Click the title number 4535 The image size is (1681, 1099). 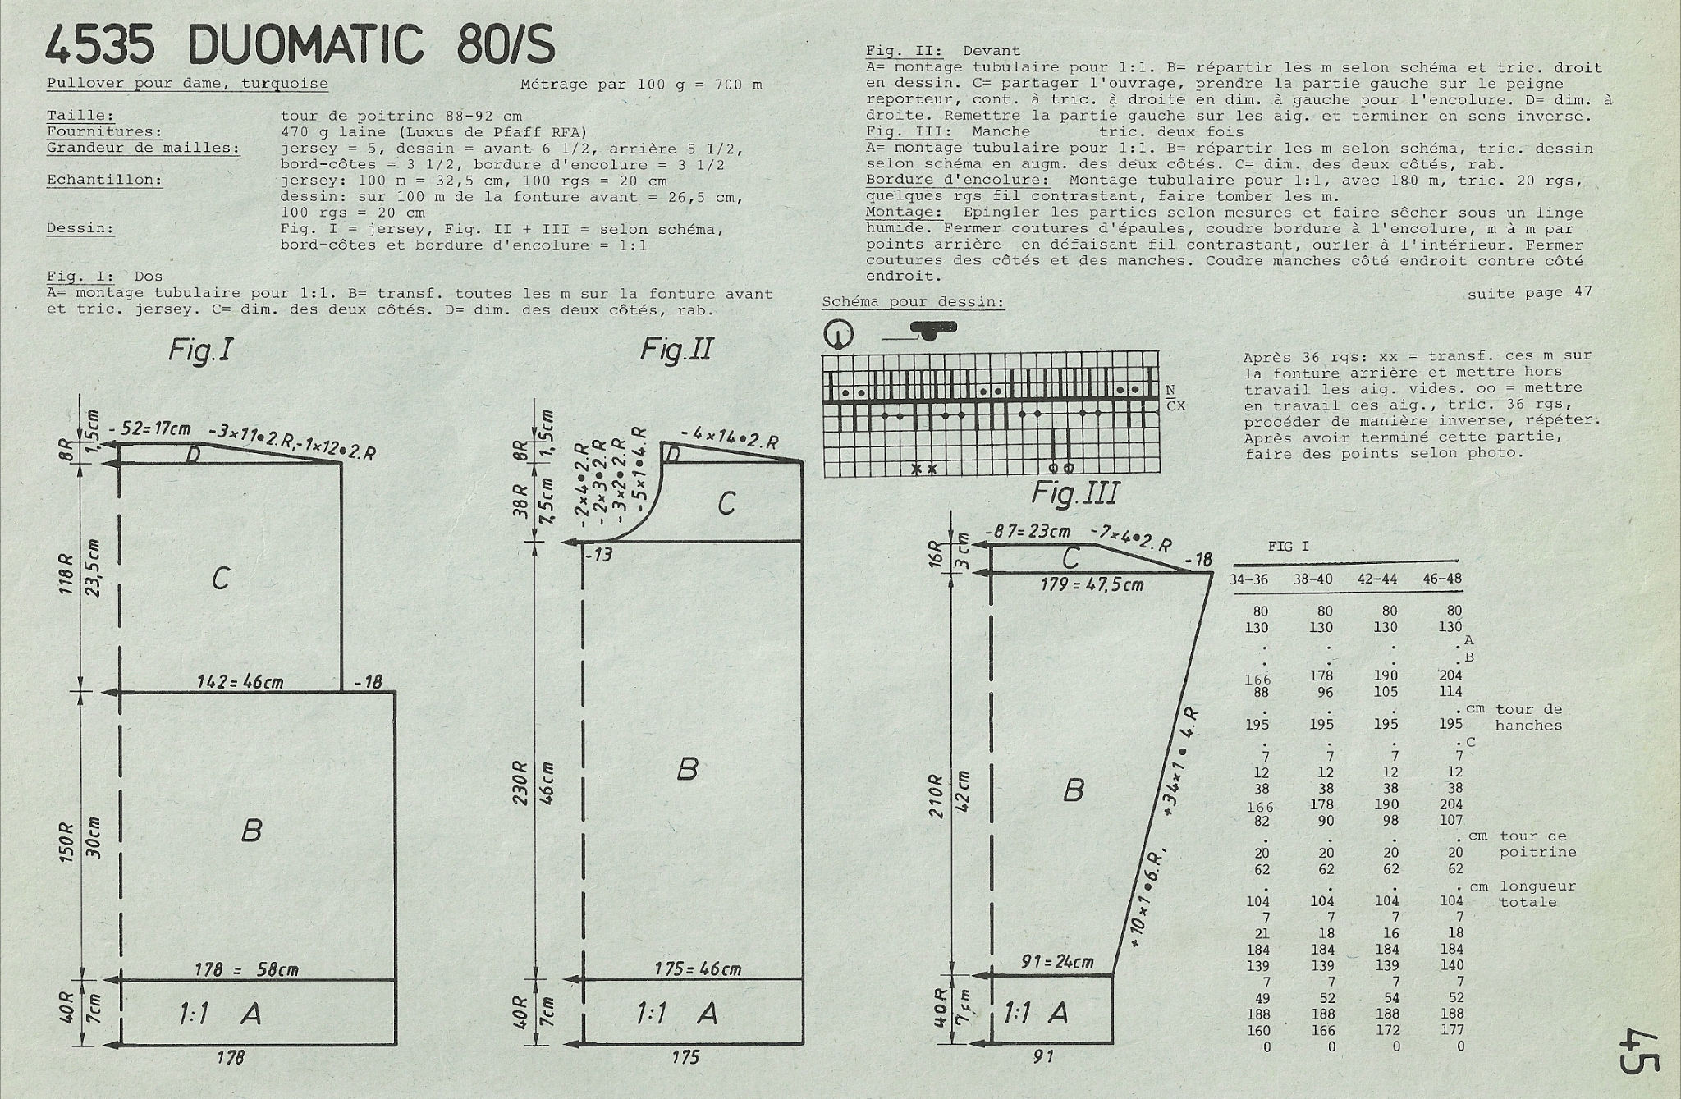(100, 46)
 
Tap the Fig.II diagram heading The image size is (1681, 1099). (677, 350)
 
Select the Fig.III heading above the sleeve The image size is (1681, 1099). (1074, 493)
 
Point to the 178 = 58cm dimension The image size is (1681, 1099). (246, 969)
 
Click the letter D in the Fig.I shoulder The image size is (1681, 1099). (194, 454)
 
